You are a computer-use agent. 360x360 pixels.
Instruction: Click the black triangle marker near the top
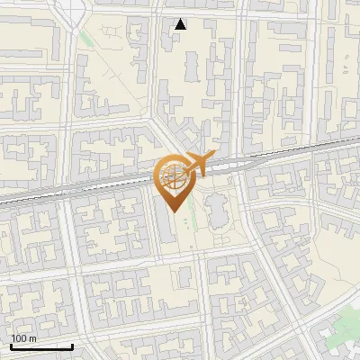[x=181, y=24]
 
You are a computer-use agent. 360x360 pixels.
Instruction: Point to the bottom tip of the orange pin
[x=174, y=212]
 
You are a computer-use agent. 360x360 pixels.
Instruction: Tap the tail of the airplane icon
[x=183, y=168]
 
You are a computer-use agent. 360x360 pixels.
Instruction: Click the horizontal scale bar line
[x=41, y=346]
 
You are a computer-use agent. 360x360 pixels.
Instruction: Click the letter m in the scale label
[x=32, y=338]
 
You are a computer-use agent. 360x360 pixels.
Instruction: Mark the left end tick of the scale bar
[x=11, y=345]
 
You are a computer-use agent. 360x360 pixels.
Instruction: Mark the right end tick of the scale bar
[x=72, y=345]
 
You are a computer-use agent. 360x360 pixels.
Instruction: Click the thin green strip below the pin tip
[x=191, y=229]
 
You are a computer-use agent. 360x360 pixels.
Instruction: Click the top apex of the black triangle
[x=181, y=19]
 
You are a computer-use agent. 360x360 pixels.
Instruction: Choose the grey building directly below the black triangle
[x=192, y=67]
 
